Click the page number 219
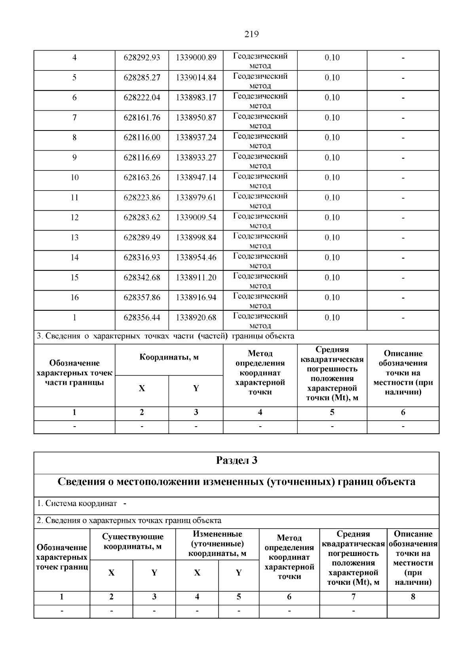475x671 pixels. click(251, 34)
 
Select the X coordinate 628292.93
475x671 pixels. click(142, 58)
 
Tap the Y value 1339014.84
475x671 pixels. click(196, 78)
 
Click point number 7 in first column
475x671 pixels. click(74, 118)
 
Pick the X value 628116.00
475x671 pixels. click(142, 138)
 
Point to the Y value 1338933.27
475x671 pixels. click(196, 158)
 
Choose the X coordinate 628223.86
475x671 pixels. click(142, 198)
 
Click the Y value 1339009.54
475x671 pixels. click(196, 217)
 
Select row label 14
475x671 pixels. click(74, 258)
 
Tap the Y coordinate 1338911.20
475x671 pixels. click(196, 278)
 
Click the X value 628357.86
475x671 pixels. click(142, 298)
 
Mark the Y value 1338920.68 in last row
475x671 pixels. click(196, 318)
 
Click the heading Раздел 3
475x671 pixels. click(237, 461)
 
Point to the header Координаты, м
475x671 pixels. click(169, 357)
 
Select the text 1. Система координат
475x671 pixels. click(77, 504)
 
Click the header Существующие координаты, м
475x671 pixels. click(133, 542)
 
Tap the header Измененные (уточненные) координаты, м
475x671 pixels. click(217, 544)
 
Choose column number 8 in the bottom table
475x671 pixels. click(412, 597)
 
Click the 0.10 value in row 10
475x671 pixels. click(332, 178)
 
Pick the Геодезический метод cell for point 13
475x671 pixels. click(260, 240)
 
